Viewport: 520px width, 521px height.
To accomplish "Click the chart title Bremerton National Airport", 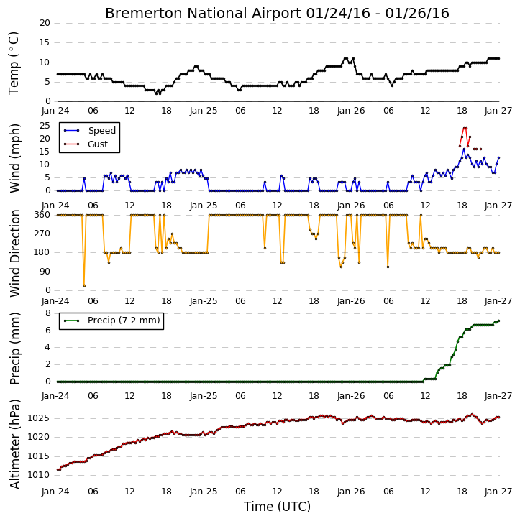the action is (x=203, y=13).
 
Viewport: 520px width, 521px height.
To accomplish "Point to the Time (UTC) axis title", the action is (x=277, y=507).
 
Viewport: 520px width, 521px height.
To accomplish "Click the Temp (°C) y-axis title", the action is (x=14, y=63).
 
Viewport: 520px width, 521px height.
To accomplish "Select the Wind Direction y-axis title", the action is (x=15, y=253).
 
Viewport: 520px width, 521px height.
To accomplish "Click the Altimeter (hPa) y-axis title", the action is (x=15, y=444).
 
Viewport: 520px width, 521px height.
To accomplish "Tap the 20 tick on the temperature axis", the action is (x=45, y=23).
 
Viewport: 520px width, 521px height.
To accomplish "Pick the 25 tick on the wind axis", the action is (x=45, y=126).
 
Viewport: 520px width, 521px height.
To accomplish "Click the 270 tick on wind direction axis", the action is (x=42, y=234).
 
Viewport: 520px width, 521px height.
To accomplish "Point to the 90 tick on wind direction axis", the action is (x=45, y=272).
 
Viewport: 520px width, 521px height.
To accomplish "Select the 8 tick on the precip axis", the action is (x=48, y=313).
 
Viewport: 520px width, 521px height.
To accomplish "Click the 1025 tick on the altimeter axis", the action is (x=39, y=418).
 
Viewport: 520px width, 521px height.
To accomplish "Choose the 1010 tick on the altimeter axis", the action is (x=39, y=475).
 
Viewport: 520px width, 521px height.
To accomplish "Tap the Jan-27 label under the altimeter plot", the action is (x=498, y=491).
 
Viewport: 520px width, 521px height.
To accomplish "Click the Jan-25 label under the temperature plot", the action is (x=204, y=111).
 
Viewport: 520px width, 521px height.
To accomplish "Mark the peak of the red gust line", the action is (x=465, y=128).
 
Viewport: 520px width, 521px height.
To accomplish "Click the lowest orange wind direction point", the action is (x=84, y=285).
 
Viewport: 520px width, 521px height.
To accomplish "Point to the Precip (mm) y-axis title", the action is (x=15, y=349).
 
